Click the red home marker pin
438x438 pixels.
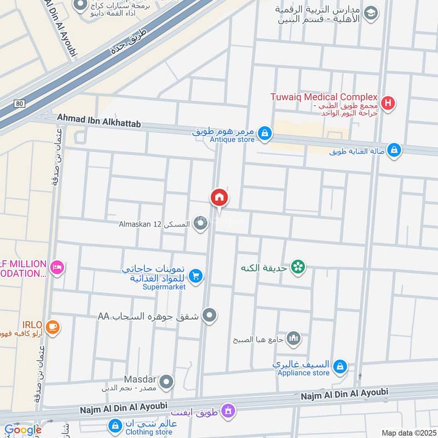click(x=219, y=198)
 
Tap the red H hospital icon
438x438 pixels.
click(x=388, y=102)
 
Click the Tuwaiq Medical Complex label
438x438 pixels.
click(x=324, y=97)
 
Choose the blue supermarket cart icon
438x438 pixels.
click(x=197, y=276)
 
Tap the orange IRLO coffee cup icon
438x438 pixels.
click(x=53, y=327)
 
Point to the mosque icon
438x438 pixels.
click(x=294, y=338)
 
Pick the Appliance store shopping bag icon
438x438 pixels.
click(x=340, y=366)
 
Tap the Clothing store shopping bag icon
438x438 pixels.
click(x=115, y=425)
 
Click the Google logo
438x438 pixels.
click(x=22, y=430)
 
